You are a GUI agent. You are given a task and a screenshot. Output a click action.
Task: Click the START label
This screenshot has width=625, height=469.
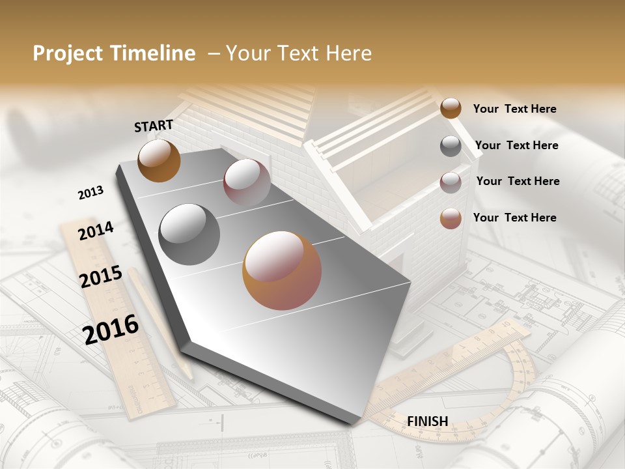[154, 125]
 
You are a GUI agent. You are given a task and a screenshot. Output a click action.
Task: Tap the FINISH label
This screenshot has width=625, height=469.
[427, 421]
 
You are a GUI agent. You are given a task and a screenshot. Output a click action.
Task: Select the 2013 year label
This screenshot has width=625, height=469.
[90, 192]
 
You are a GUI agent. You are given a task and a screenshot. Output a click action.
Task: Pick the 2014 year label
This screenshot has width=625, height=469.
[96, 231]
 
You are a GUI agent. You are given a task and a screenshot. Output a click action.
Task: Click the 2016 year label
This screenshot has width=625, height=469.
[111, 329]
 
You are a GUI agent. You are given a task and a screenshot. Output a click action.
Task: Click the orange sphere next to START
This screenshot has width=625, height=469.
[159, 160]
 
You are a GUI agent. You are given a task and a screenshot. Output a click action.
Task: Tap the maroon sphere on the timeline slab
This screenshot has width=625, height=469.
[247, 182]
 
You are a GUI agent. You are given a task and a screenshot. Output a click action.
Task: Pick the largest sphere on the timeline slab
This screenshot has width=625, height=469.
[282, 270]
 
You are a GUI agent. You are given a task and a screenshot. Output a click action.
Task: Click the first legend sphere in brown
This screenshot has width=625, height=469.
[451, 108]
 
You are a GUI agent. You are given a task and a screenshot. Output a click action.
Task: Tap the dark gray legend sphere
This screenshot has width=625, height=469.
[451, 146]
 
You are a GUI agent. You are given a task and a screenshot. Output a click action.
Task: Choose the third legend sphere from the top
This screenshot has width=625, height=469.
[451, 182]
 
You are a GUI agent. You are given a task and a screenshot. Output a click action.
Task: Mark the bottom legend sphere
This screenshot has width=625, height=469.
[451, 218]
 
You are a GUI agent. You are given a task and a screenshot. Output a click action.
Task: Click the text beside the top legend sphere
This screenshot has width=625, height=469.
[514, 109]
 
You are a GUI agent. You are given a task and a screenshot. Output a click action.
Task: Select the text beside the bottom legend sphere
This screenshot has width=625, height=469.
[514, 218]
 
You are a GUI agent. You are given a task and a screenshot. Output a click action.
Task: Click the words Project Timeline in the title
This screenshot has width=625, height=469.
[114, 53]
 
